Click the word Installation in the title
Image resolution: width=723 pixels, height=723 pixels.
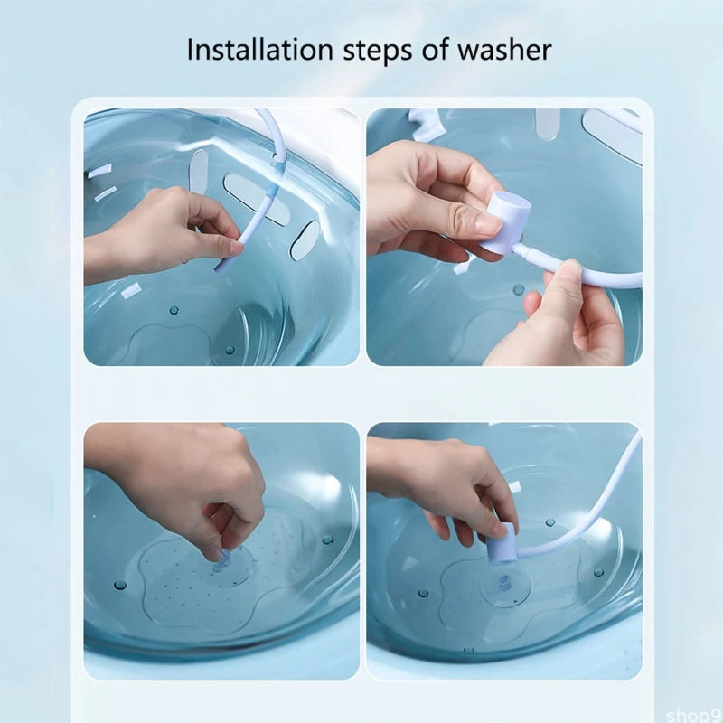(x=258, y=49)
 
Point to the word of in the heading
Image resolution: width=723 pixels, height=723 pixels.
(x=437, y=49)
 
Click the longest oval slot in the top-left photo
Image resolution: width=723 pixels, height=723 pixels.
(x=256, y=199)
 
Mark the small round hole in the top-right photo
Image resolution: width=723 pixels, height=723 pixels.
(x=518, y=290)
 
